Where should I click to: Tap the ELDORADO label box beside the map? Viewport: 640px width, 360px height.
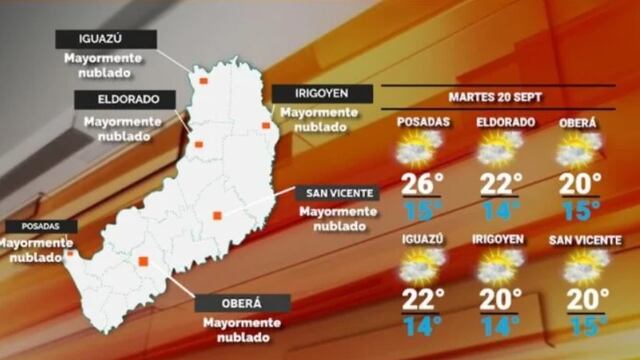pyautogui.click(x=123, y=100)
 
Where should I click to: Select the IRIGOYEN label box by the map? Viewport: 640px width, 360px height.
pyautogui.click(x=321, y=93)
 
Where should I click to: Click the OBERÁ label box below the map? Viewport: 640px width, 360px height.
pyautogui.click(x=242, y=303)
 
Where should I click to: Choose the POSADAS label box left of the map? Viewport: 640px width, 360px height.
pyautogui.click(x=27, y=226)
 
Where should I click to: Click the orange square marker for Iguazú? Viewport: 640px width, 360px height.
pyautogui.click(x=203, y=80)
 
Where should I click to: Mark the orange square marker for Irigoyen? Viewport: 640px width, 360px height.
pyautogui.click(x=266, y=125)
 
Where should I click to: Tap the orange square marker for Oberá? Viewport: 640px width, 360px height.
pyautogui.click(x=143, y=262)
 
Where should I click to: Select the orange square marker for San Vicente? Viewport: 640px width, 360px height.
pyautogui.click(x=217, y=214)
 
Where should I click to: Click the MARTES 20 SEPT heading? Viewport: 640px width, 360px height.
pyautogui.click(x=491, y=98)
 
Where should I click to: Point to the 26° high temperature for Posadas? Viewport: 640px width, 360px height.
pyautogui.click(x=422, y=184)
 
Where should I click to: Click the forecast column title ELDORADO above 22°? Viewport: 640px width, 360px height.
pyautogui.click(x=499, y=123)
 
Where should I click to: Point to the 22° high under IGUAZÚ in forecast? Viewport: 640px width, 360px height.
pyautogui.click(x=422, y=299)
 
